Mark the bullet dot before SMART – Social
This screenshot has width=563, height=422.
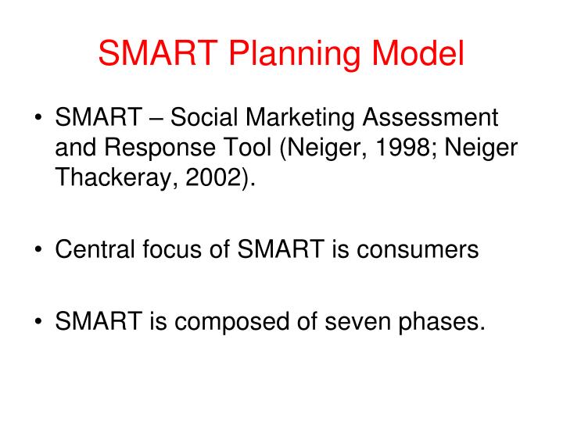(x=38, y=120)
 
